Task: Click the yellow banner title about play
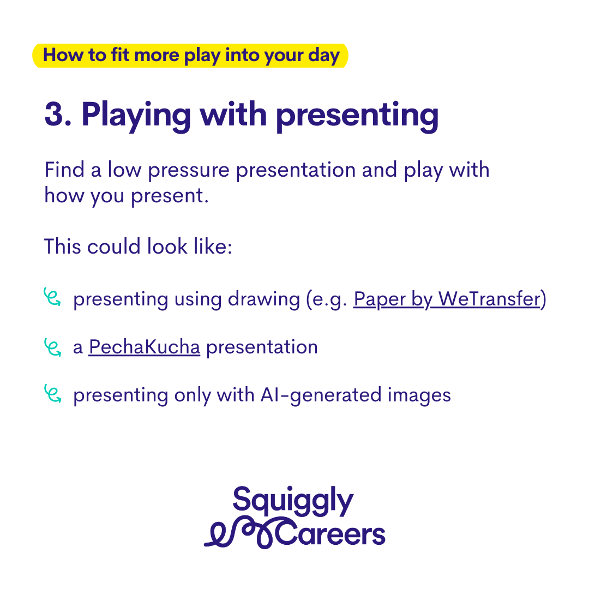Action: coord(191,55)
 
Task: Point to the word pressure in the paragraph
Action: coord(189,171)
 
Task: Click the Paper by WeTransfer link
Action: coord(447,299)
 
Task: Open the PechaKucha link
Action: coord(144,347)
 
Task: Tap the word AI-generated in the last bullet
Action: coord(321,396)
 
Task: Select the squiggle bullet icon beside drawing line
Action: coord(52,297)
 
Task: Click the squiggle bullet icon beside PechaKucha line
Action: coord(52,347)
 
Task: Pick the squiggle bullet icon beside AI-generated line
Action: coord(52,393)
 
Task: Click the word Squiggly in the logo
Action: coord(293,501)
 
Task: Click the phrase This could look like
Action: coord(138,247)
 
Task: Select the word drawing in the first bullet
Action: coord(264,300)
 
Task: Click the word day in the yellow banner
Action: coord(324,56)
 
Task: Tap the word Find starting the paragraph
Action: coord(64,170)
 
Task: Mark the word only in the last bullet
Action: coord(193,396)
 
